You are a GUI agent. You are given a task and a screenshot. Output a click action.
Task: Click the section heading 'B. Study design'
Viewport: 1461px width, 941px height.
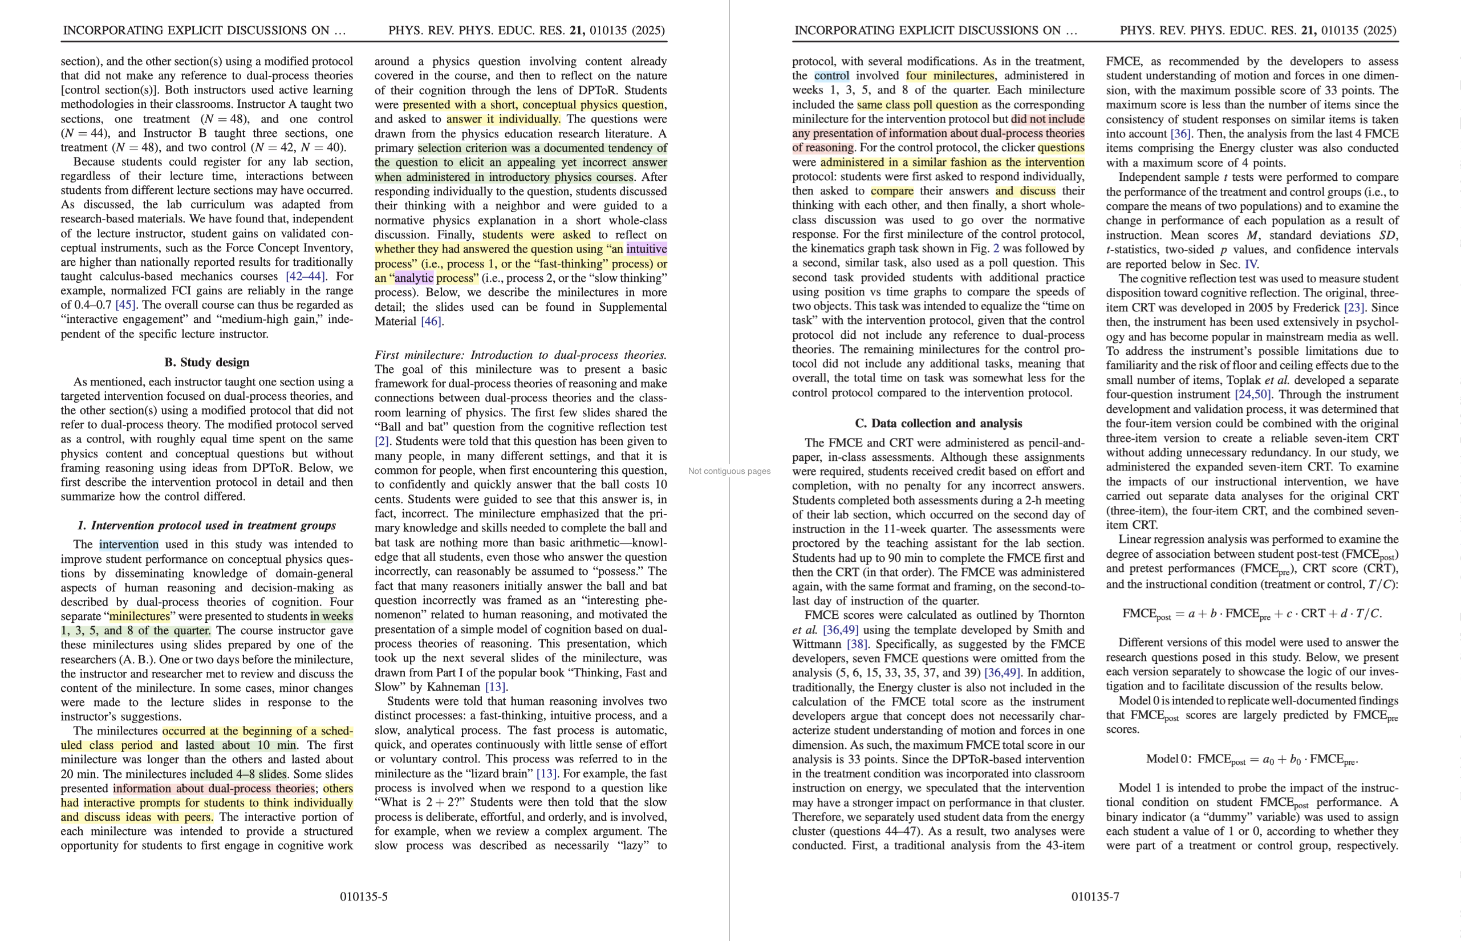point(206,362)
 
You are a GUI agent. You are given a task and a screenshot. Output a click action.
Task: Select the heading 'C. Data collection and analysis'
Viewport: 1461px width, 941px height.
point(938,423)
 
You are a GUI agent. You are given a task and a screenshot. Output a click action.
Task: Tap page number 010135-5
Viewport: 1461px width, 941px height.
point(364,897)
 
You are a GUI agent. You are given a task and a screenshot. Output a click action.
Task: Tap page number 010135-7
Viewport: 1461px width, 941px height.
point(1095,897)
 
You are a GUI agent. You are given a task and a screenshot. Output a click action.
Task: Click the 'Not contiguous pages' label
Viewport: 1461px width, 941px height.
point(729,471)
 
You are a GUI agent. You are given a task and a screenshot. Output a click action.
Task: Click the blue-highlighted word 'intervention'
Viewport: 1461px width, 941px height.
point(128,545)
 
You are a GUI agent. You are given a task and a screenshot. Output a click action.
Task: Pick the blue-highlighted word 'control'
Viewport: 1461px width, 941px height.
point(831,76)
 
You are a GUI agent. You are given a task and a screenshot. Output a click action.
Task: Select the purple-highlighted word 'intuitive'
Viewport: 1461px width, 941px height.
point(647,249)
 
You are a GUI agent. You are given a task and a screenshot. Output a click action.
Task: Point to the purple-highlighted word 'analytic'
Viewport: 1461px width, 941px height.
point(413,278)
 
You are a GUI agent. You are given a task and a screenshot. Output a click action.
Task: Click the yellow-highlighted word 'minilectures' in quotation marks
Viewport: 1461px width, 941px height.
point(139,616)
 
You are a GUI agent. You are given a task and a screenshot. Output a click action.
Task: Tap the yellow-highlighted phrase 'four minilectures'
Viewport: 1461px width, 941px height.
point(949,76)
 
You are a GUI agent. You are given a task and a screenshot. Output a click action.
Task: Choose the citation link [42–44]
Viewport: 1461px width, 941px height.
point(306,276)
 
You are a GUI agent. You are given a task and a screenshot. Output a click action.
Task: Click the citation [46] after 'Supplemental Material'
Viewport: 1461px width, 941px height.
point(431,322)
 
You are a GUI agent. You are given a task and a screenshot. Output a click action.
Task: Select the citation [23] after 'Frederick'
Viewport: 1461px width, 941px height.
point(1354,307)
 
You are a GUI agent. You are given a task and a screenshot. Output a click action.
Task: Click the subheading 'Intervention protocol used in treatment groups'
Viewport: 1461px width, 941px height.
point(206,525)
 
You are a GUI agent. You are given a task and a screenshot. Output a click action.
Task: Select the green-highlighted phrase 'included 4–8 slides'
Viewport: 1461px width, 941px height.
point(238,774)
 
